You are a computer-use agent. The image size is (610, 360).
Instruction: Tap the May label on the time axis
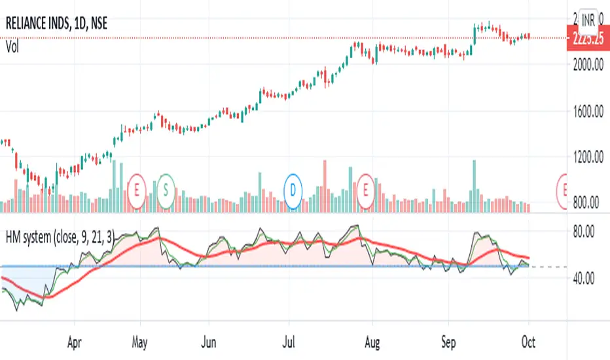click(139, 341)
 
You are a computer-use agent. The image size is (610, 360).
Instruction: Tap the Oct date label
click(529, 341)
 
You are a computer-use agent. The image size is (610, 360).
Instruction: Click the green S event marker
click(166, 190)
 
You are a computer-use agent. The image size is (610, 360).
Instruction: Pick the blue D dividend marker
click(294, 190)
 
